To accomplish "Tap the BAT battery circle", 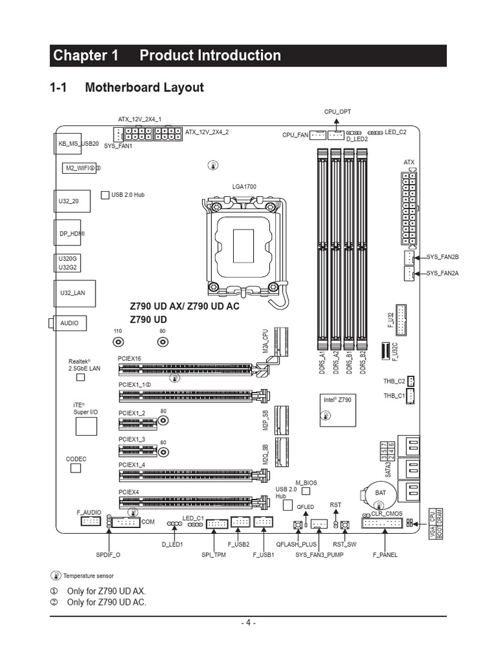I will tap(380, 492).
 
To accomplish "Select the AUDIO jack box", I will tap(70, 323).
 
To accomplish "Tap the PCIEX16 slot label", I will tap(129, 358).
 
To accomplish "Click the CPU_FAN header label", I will tap(295, 136).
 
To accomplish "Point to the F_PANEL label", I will tap(385, 554).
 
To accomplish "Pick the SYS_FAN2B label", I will tap(442, 257).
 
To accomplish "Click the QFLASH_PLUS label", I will tap(296, 544).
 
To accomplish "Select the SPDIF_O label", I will tap(108, 554).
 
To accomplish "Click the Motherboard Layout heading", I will tap(144, 87).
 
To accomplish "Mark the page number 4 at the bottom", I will tap(248, 623).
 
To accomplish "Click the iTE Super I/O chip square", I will tap(86, 426).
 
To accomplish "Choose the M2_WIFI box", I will tap(79, 168).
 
